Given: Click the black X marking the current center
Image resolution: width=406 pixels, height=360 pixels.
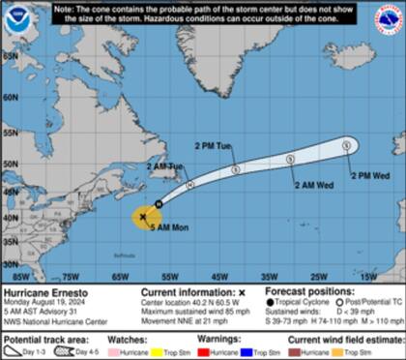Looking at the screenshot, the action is tap(144, 217).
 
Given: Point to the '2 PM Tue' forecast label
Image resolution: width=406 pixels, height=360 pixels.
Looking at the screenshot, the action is tap(214, 146).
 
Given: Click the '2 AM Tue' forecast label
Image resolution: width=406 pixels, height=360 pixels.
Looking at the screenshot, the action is tap(164, 167).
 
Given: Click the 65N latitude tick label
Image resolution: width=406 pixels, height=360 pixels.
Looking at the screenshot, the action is tap(9, 55).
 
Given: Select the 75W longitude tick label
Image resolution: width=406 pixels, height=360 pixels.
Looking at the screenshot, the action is tap(70, 277).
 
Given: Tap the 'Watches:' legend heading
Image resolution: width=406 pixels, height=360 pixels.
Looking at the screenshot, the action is tap(136, 340).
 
